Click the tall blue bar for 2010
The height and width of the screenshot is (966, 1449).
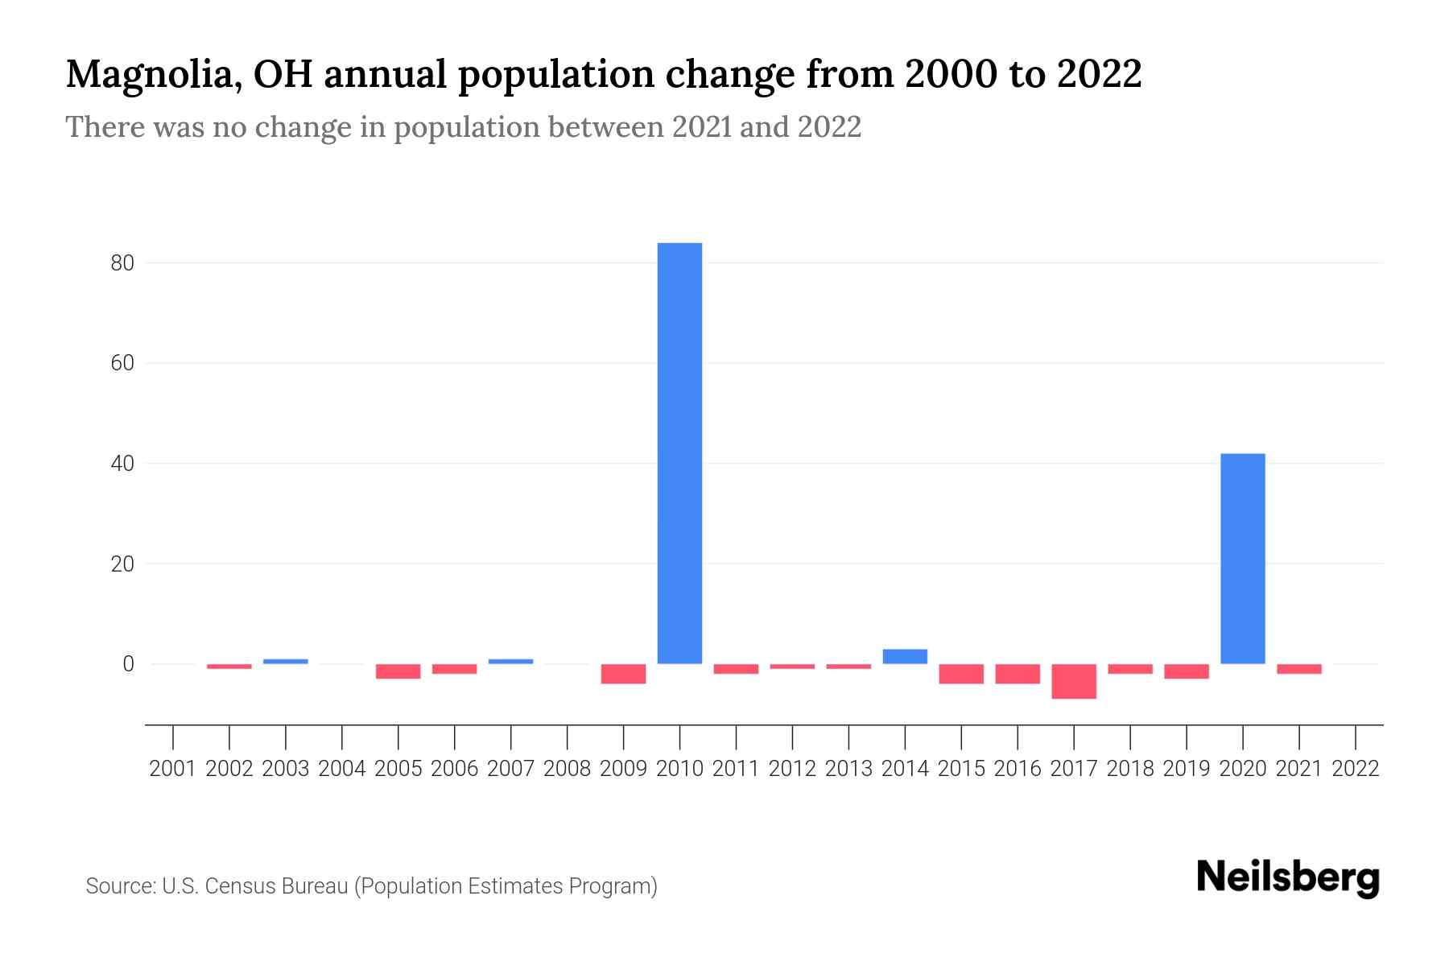679,453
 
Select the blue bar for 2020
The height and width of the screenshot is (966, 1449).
1242,559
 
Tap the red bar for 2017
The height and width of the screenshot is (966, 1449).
1074,681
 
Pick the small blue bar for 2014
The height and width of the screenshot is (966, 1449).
905,656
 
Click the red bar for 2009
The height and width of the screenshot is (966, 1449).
623,674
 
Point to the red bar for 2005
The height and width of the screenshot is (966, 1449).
398,671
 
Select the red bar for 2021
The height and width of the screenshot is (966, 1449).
1298,669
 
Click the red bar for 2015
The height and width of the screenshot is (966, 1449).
961,674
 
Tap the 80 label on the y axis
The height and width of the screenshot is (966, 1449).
122,263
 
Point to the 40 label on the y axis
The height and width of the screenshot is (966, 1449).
122,464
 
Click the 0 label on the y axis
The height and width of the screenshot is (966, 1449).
128,664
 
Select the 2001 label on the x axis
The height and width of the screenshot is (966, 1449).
173,769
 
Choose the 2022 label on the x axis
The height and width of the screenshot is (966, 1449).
1356,769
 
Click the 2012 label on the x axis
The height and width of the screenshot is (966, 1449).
792,769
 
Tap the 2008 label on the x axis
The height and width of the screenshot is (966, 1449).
567,769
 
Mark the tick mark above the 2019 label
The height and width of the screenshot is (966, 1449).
1187,736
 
